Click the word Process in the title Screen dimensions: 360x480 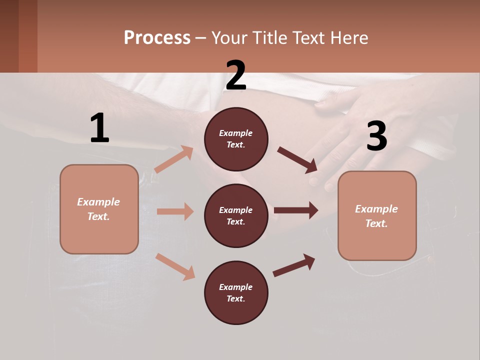[157, 38]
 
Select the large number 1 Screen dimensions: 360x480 [99, 128]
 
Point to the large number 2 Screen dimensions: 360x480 [236, 76]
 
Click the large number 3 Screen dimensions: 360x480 [376, 136]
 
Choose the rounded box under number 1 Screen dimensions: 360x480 [99, 209]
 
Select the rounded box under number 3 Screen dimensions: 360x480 [377, 216]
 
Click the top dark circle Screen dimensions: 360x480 [236, 139]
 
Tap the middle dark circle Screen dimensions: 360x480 [236, 216]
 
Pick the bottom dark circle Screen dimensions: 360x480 [236, 293]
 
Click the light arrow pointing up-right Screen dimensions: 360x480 [174, 159]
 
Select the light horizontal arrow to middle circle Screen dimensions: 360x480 [175, 211]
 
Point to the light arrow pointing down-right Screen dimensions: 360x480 [175, 266]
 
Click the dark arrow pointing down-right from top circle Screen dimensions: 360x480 [297, 160]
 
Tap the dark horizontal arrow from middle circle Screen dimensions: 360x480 [296, 210]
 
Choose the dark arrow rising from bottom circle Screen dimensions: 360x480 [294, 265]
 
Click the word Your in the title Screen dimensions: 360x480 [228, 38]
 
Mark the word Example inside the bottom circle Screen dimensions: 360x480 [236, 287]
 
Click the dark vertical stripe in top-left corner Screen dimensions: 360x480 [28, 36]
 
